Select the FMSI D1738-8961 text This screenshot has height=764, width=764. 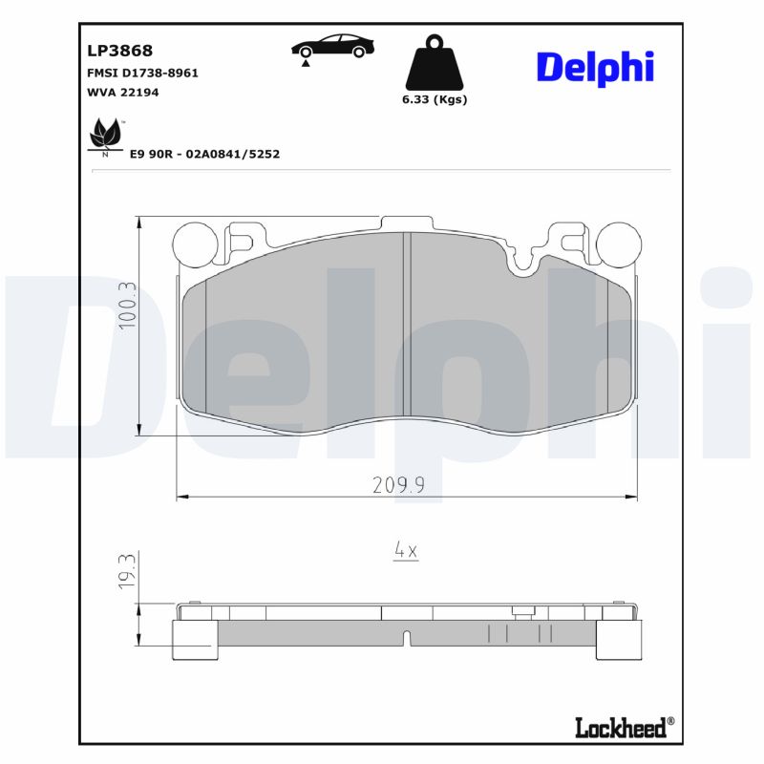tap(136, 74)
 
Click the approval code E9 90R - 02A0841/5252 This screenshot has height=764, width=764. tap(204, 154)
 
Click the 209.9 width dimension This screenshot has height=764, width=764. tap(398, 485)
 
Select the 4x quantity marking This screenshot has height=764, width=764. tap(406, 551)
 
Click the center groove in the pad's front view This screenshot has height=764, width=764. tap(404, 329)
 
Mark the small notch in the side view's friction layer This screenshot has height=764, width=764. tap(406, 637)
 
